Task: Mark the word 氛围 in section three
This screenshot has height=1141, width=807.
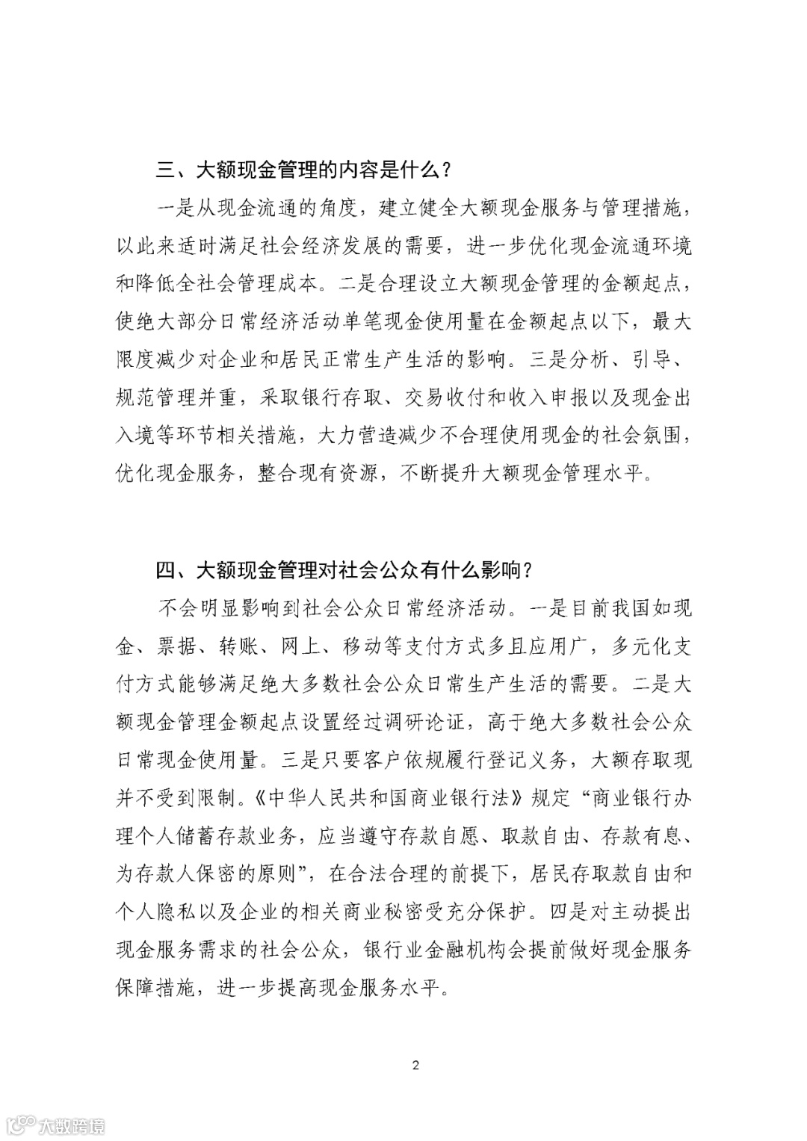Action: [663, 436]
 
